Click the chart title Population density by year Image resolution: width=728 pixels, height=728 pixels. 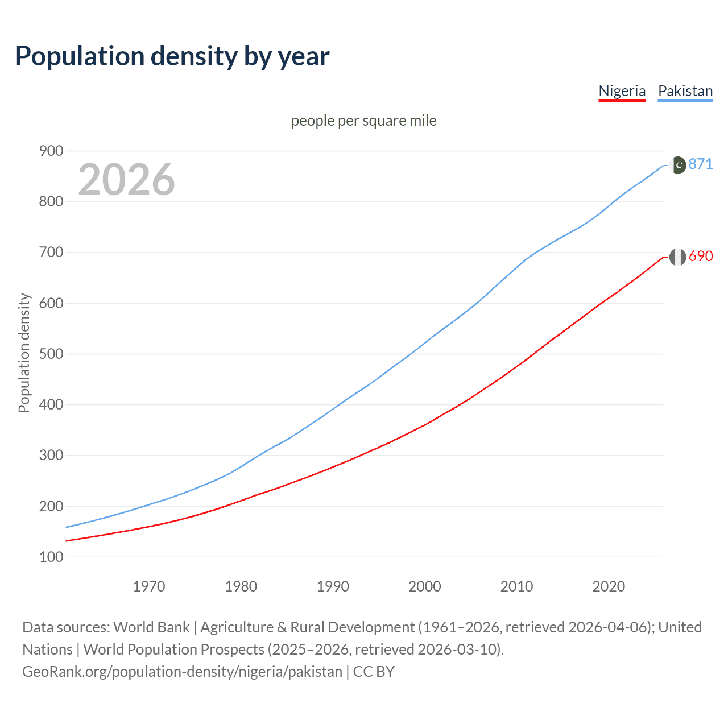click(172, 56)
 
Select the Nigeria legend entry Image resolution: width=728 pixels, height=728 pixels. click(622, 91)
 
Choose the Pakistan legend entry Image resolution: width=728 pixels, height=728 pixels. click(685, 91)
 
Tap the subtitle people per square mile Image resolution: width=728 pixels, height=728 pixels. click(363, 121)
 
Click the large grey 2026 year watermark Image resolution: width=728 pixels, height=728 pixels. click(126, 180)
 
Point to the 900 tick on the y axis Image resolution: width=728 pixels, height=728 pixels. click(51, 151)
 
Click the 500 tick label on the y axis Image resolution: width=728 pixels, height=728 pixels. click(51, 354)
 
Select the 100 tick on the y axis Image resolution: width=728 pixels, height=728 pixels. click(51, 557)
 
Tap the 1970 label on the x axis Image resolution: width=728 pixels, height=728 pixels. click(149, 586)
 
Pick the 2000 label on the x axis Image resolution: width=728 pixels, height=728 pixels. click(425, 586)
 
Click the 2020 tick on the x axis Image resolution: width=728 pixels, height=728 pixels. click(609, 586)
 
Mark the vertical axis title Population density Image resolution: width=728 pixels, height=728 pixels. click(24, 353)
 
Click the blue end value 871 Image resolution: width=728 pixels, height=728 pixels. click(701, 164)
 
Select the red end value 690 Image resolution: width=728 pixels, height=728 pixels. click(701, 256)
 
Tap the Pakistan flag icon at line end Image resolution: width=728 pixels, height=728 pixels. click(677, 165)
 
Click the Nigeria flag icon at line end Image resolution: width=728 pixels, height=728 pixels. click(677, 257)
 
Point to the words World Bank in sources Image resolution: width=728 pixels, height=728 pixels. click(151, 627)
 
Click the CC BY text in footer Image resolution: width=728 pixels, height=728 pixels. click(374, 672)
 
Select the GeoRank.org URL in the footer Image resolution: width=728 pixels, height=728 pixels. click(182, 672)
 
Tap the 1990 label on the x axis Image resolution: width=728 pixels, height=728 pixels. click(333, 586)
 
